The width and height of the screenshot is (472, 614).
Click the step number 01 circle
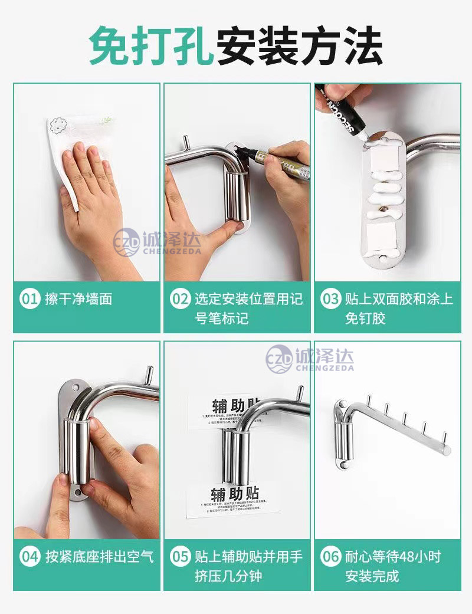(29, 299)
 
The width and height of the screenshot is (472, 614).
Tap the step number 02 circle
(180, 299)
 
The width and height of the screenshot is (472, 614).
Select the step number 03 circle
(330, 299)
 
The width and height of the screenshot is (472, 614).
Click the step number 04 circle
(29, 556)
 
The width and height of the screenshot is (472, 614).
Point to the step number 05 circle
(180, 556)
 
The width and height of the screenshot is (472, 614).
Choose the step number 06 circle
(330, 556)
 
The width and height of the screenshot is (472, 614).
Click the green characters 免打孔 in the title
(150, 47)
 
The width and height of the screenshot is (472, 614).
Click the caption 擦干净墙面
(78, 299)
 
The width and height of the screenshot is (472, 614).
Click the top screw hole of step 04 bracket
(76, 388)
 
